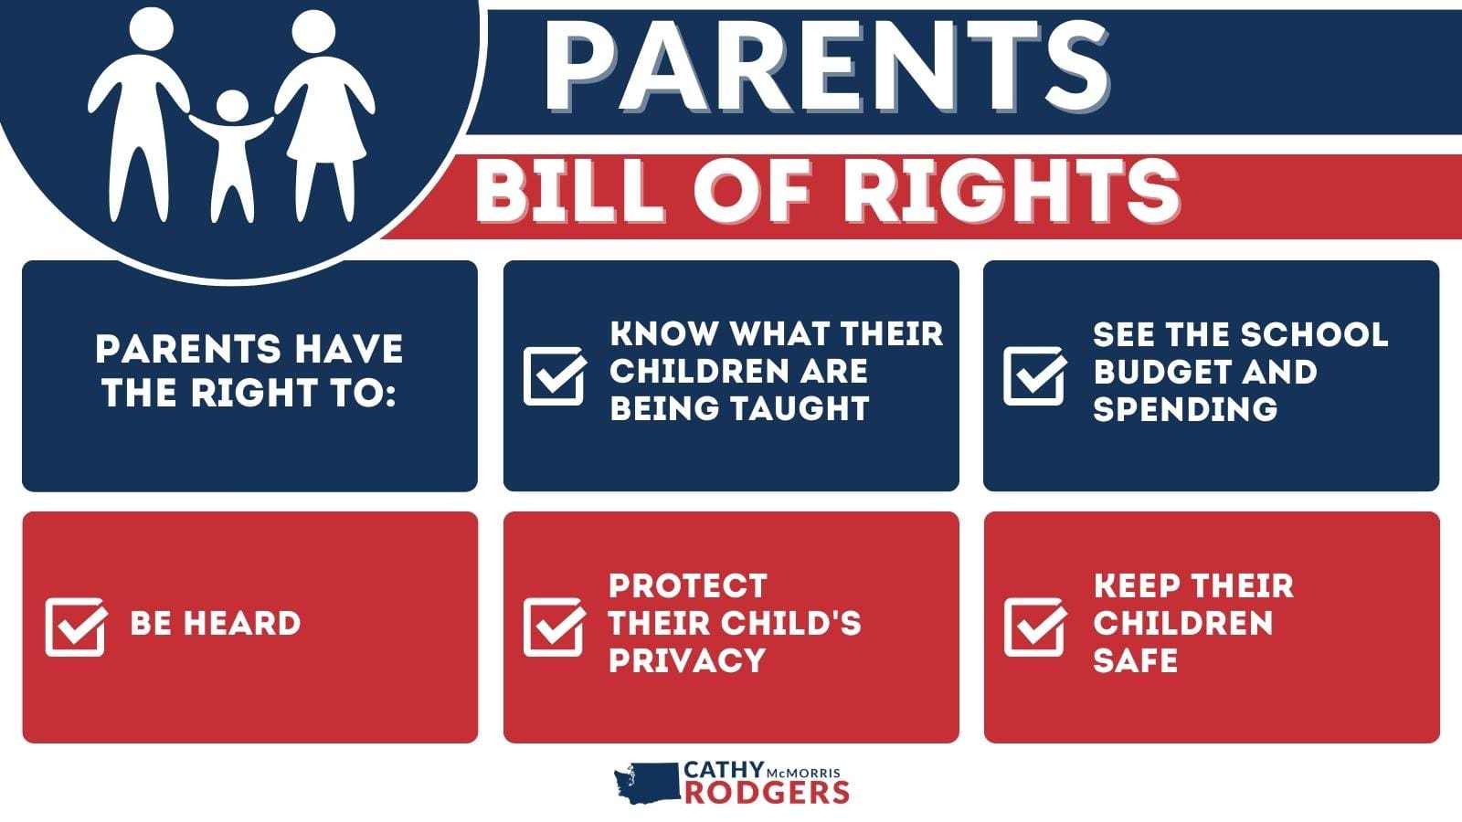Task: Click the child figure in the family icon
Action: [232, 151]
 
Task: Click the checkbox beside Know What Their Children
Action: [554, 375]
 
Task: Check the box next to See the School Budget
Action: [1034, 375]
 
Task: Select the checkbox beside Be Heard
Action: [76, 627]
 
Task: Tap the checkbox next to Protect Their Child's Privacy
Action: [554, 627]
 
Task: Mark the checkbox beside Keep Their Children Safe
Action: [1034, 627]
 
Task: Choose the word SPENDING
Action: [1184, 408]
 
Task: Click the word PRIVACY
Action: [686, 659]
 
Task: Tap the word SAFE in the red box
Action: [1135, 659]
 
